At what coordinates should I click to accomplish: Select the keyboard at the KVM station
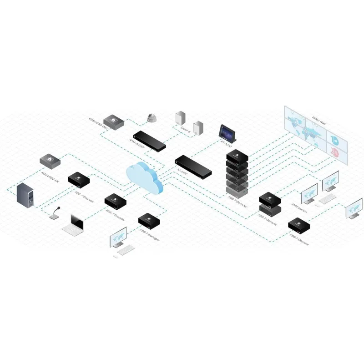[326, 198]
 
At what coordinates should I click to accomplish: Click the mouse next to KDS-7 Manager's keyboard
[116, 256]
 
